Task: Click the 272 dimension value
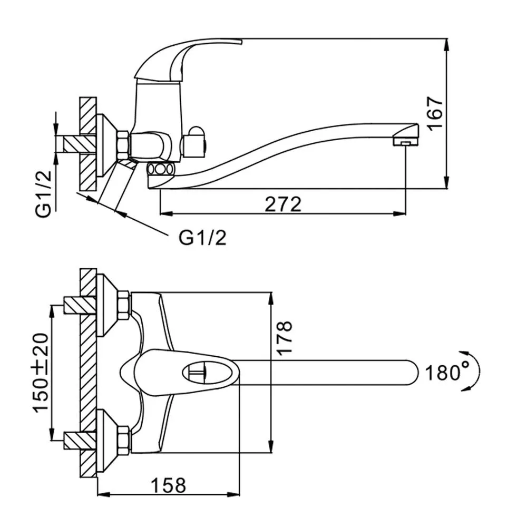click(x=283, y=204)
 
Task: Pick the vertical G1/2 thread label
click(x=44, y=194)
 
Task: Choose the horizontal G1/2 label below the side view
click(x=203, y=238)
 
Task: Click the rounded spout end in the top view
click(x=412, y=372)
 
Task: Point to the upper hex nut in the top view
click(x=124, y=305)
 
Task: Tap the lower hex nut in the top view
click(x=124, y=440)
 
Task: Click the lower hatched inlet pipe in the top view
click(x=80, y=441)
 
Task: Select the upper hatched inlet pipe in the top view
click(x=80, y=305)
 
